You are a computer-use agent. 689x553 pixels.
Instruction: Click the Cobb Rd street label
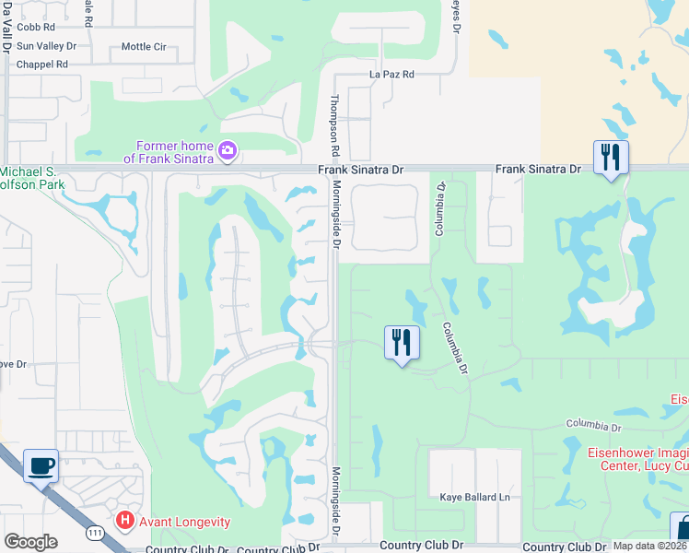[36, 28]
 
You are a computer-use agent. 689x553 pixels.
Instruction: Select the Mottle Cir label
[144, 46]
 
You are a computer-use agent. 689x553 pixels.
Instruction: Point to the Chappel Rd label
[42, 65]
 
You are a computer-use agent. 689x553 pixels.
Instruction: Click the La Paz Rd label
[391, 74]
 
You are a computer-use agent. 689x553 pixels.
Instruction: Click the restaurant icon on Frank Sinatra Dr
[611, 159]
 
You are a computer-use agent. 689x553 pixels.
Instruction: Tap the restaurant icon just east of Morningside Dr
[402, 343]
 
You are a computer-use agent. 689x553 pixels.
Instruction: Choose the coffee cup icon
[40, 466]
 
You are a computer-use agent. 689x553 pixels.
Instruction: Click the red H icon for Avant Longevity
[125, 522]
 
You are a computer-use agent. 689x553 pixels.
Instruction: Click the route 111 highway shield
[95, 533]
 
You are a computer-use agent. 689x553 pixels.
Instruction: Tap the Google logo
[30, 541]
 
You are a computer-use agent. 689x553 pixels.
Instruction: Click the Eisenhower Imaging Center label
[638, 459]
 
